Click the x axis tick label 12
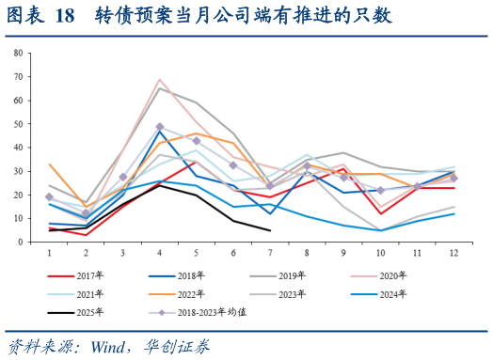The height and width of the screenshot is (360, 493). pos(453,252)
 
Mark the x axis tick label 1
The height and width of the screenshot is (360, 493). pos(49,252)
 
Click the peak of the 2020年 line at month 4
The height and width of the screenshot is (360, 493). pos(159,80)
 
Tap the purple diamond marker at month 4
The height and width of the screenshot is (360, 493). pos(159,127)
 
